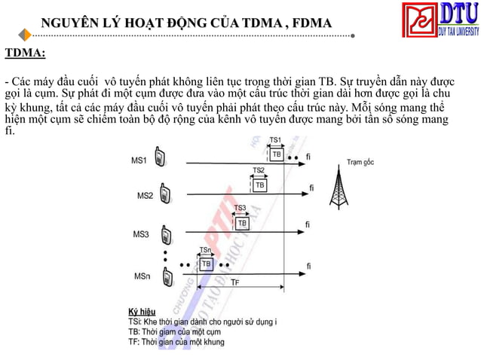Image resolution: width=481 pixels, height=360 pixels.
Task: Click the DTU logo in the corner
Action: pos(440,20)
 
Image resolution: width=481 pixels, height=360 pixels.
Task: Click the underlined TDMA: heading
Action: pos(25,53)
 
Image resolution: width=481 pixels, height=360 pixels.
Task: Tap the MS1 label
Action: pos(139,160)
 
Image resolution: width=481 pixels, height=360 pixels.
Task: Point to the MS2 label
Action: pos(145,196)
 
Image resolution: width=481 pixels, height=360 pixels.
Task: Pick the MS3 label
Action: pos(141,235)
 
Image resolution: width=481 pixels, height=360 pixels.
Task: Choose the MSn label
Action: pos(142,276)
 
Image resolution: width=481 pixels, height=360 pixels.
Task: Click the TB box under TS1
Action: pos(277,154)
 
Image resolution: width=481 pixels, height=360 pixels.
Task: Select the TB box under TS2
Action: pos(259,185)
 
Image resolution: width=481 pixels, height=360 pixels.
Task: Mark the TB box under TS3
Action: pos(242,223)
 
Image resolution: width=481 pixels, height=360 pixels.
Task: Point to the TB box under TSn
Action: pos(206,263)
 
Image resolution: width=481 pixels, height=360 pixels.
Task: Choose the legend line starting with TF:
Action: pos(176,342)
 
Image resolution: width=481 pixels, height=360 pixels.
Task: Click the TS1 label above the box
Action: pos(275,140)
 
